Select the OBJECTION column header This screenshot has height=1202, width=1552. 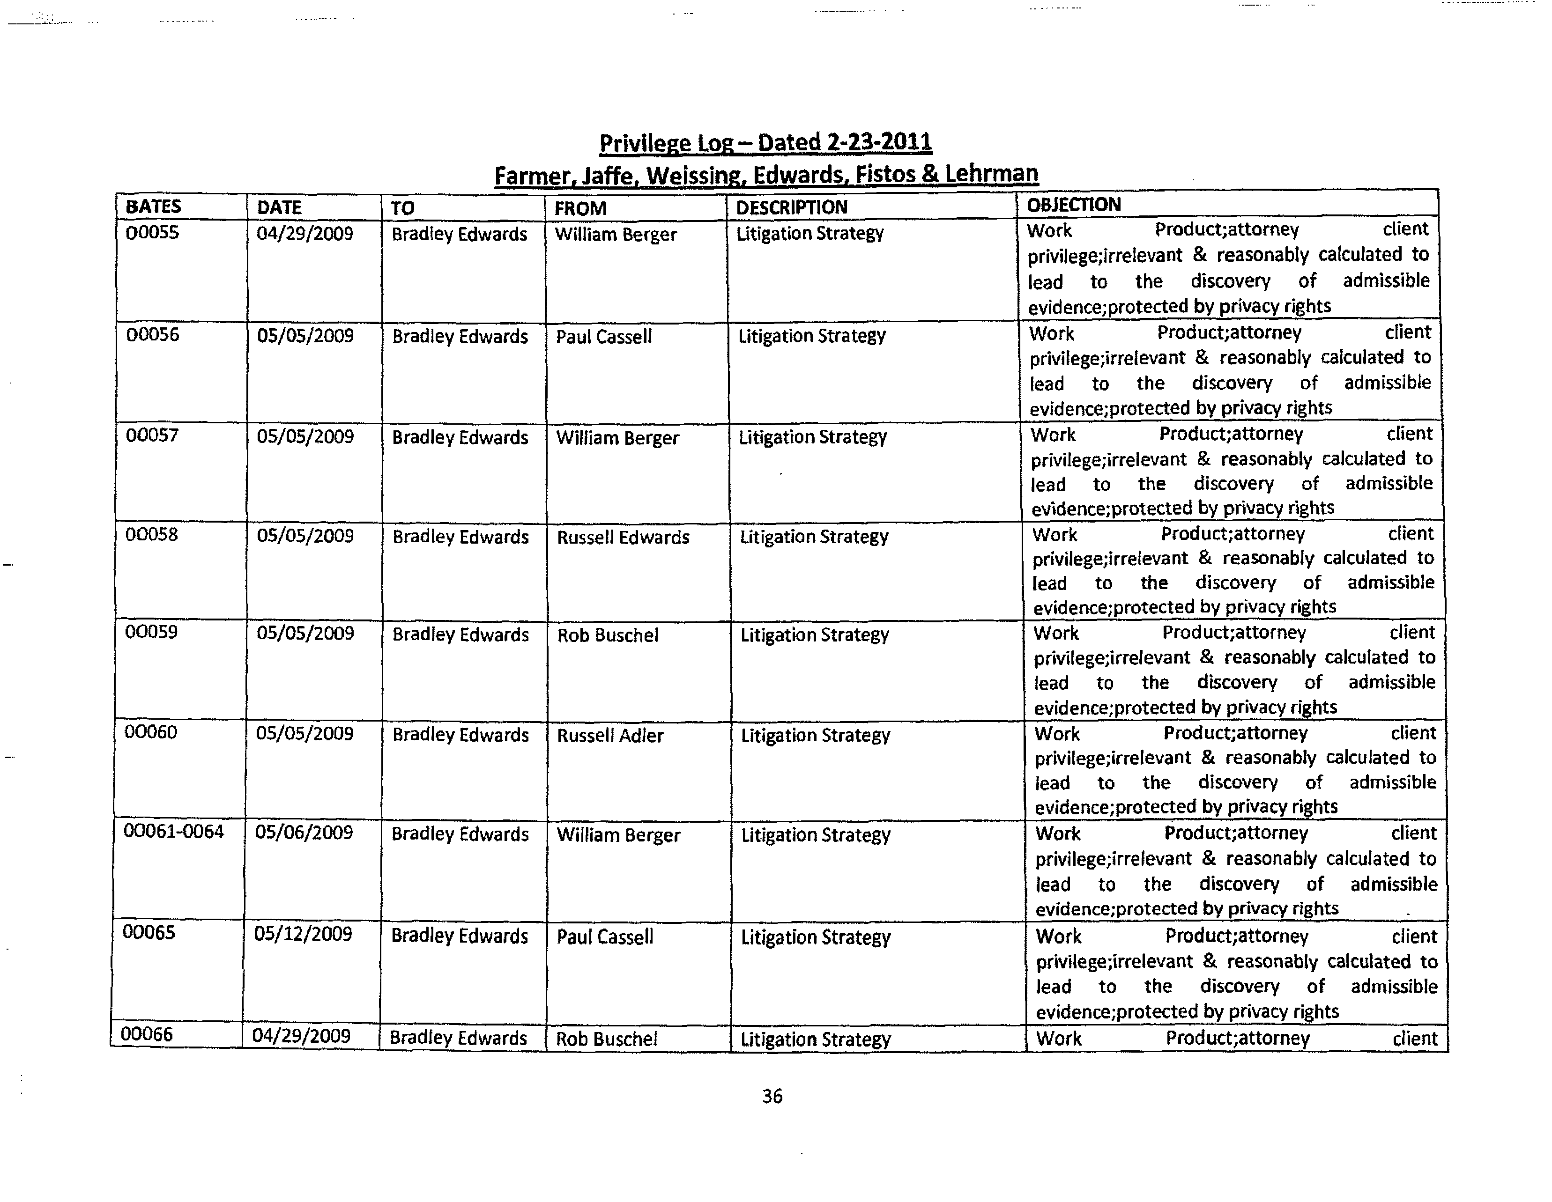1073,205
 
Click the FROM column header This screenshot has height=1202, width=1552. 580,208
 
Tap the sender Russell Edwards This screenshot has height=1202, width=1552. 623,537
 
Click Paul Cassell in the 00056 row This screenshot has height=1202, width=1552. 603,337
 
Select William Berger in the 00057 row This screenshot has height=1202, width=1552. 617,438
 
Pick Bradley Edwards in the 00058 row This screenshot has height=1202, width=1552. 460,537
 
